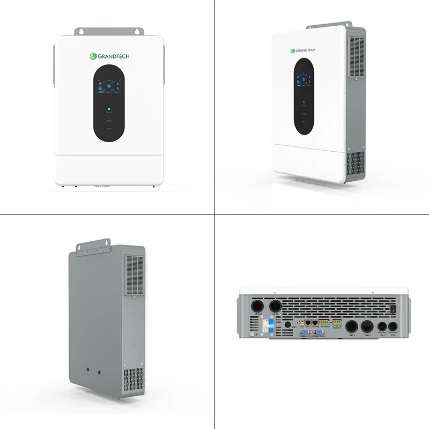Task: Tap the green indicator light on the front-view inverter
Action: [108, 109]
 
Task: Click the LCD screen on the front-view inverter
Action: [108, 86]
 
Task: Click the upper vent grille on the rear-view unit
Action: [134, 275]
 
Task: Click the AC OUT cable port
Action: [257, 305]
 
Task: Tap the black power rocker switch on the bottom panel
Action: [394, 308]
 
